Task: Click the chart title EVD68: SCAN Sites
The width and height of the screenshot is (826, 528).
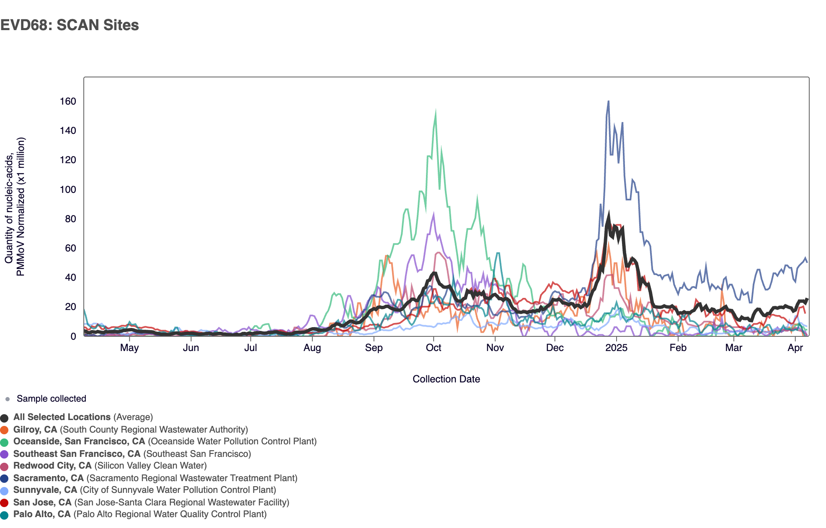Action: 70,25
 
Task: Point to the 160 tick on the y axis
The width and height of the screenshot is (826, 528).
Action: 68,101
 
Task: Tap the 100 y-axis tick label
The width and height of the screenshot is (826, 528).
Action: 68,190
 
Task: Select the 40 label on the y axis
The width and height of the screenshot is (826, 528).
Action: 70,277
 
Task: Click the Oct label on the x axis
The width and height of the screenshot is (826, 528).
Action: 434,348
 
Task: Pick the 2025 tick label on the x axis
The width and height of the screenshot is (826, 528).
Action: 616,348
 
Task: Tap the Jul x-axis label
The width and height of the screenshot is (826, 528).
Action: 250,348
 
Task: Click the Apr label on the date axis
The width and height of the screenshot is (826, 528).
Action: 795,348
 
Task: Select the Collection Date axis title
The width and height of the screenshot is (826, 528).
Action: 446,379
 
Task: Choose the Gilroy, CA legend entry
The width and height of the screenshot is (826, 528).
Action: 35,430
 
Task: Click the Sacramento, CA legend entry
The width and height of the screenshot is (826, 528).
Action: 49,478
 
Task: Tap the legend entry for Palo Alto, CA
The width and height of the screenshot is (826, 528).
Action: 42,514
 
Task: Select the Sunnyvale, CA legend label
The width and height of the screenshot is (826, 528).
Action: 45,490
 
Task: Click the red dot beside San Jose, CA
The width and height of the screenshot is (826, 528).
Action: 5,503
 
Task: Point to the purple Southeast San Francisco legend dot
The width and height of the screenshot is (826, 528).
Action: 5,454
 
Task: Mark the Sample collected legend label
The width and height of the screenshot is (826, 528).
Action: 51,399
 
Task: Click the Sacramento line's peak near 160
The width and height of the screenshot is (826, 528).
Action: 608,102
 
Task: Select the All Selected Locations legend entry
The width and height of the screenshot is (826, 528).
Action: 62,417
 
